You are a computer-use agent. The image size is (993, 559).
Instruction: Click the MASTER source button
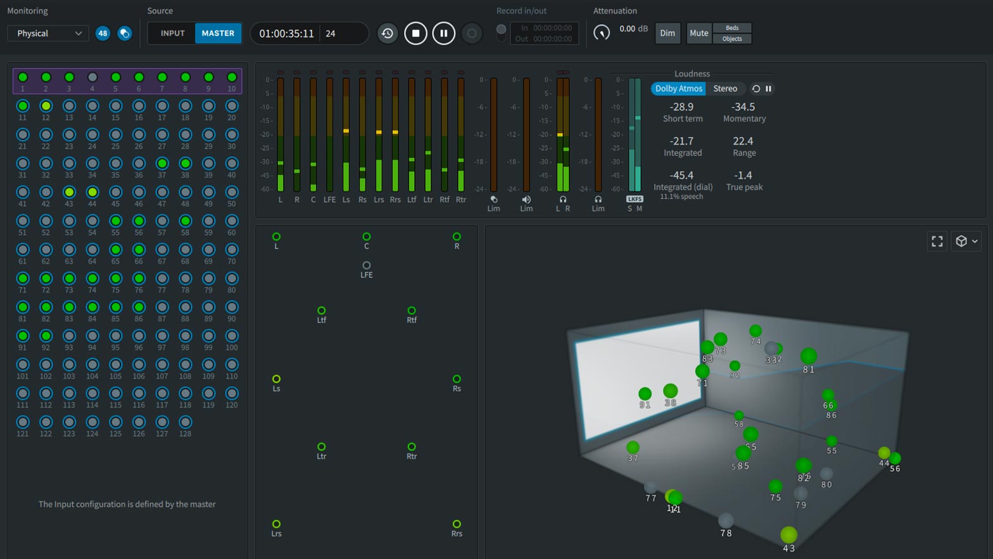pyautogui.click(x=218, y=34)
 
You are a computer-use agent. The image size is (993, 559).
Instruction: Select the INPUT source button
pyautogui.click(x=172, y=34)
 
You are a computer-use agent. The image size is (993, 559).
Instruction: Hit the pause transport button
pyautogui.click(x=443, y=34)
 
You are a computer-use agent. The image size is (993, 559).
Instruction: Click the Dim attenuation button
pyautogui.click(x=667, y=34)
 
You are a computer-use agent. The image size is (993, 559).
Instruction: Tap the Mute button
pyautogui.click(x=699, y=34)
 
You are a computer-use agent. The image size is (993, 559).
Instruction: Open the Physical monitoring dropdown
pyautogui.click(x=48, y=34)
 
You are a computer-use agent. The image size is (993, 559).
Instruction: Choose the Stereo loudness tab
pyautogui.click(x=724, y=89)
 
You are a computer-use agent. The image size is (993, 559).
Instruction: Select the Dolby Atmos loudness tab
pyautogui.click(x=678, y=89)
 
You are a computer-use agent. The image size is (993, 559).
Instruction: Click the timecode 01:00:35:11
pyautogui.click(x=286, y=34)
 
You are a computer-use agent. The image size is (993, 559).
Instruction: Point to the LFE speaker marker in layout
pyautogui.click(x=366, y=266)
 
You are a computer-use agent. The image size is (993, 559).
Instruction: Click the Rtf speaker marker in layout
pyautogui.click(x=412, y=311)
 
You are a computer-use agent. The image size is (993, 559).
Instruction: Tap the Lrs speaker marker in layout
pyautogui.click(x=276, y=524)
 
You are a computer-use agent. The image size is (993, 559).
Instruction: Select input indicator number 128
pyautogui.click(x=185, y=422)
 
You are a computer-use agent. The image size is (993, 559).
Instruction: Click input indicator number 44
pyautogui.click(x=92, y=192)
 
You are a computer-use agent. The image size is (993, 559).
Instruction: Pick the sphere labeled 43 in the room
pyautogui.click(x=788, y=535)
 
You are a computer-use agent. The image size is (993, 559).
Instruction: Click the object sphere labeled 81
pyautogui.click(x=808, y=356)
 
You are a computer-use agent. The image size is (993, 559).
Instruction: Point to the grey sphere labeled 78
pyautogui.click(x=726, y=520)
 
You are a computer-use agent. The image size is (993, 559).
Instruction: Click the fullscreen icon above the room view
pyautogui.click(x=937, y=241)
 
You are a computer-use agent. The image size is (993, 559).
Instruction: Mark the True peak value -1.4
pyautogui.click(x=743, y=176)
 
